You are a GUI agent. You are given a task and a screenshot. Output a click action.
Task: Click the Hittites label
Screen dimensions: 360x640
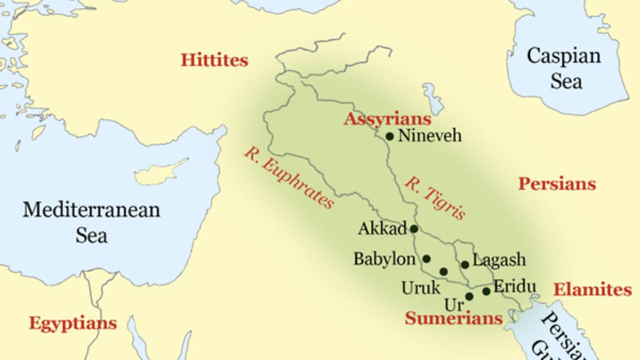pos(214,60)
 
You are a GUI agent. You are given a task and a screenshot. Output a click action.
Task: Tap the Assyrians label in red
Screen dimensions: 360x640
pos(387,119)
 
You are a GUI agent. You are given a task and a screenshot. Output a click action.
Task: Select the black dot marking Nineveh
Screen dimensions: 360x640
pos(389,136)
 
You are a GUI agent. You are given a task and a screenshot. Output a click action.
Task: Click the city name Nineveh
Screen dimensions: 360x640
pos(429,135)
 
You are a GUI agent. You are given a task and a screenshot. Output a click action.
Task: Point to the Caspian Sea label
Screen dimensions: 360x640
pos(563,67)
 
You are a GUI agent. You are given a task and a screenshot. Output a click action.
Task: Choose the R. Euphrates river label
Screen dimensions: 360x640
pos(288,178)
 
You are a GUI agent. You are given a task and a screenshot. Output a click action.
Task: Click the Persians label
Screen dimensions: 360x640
pos(557,184)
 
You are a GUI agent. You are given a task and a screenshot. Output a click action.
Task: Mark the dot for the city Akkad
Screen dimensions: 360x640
pos(414,229)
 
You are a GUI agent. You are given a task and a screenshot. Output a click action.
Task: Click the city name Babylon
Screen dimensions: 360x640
pos(384,259)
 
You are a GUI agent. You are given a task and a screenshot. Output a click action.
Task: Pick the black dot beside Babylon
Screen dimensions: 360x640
pos(426,259)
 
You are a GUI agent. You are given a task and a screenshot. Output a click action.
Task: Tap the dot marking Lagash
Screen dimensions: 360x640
pos(465,265)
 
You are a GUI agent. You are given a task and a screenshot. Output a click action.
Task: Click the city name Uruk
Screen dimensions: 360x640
pos(421,288)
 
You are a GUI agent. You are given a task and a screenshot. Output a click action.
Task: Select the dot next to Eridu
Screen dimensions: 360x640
pos(486,291)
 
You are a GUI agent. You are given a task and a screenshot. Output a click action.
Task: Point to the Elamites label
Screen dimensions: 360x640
pos(592,289)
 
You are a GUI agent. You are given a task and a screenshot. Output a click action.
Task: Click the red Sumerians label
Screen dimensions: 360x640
pos(453,318)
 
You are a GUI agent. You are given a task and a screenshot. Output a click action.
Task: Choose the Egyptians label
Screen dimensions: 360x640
pos(73,323)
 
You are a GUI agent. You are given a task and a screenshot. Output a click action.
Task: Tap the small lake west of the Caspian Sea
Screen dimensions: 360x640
pos(433,98)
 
